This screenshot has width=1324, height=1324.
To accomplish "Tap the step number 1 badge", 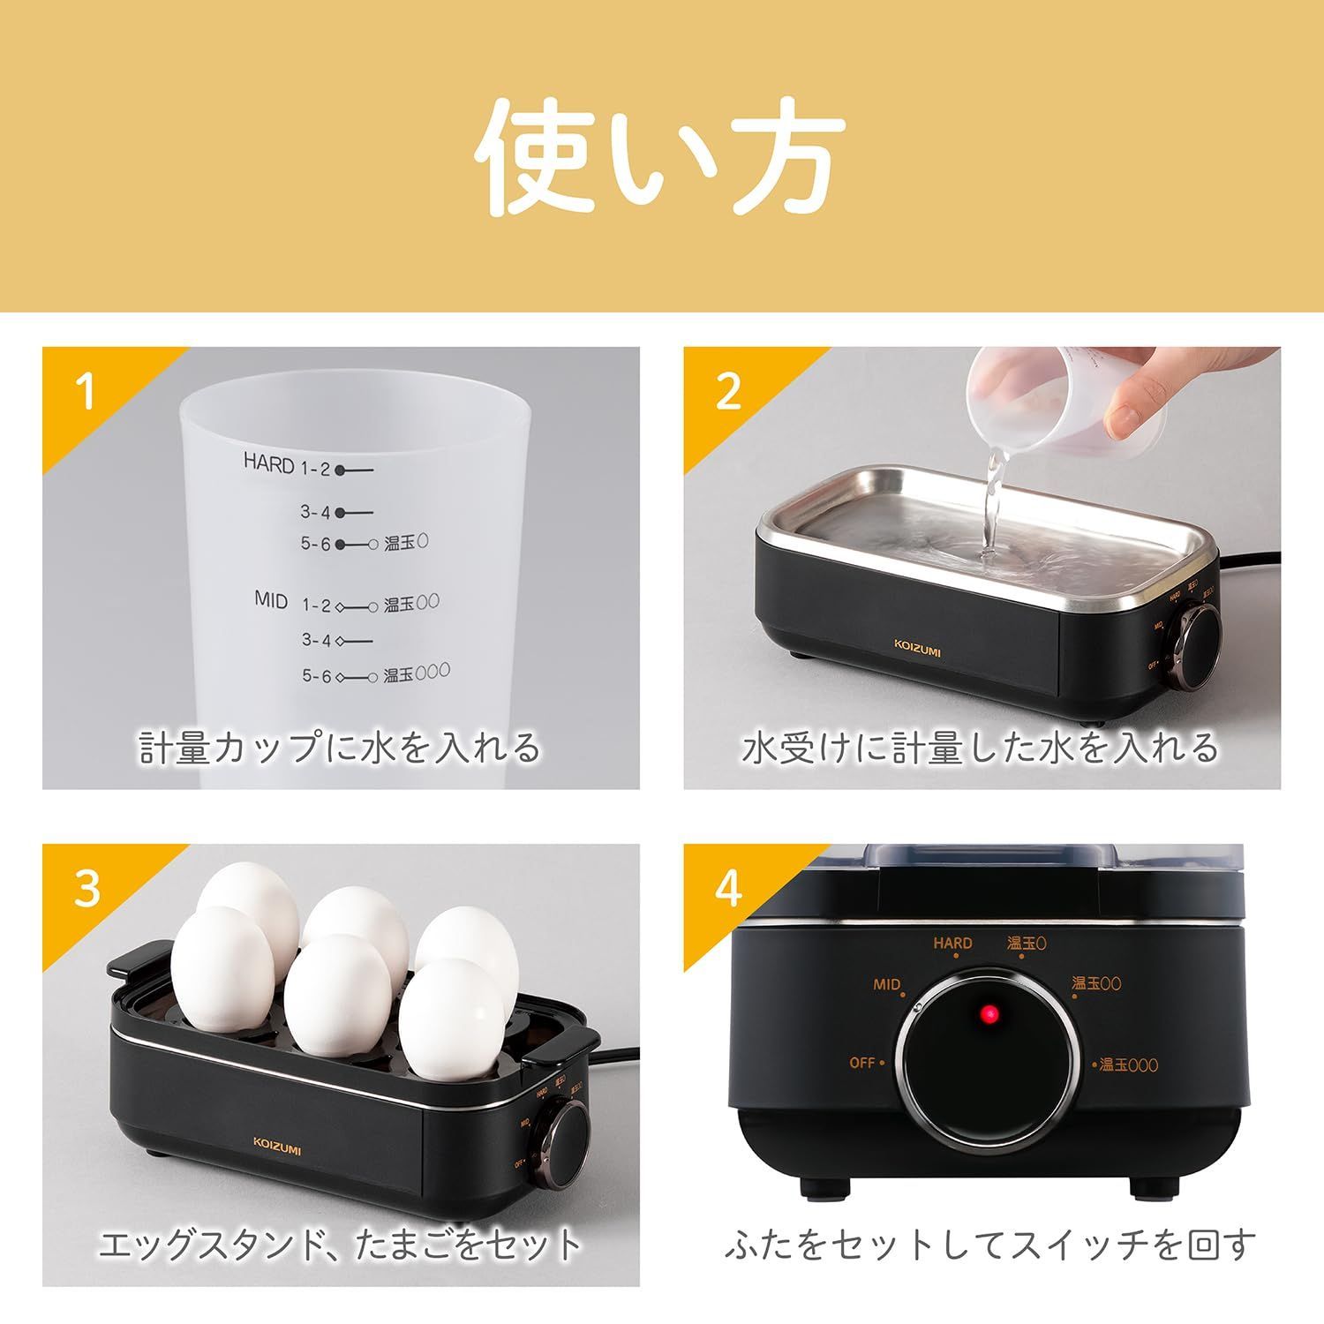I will click(x=86, y=391).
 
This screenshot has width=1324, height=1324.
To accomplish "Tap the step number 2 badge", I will click(x=727, y=391).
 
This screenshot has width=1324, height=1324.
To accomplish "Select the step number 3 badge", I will click(x=87, y=889).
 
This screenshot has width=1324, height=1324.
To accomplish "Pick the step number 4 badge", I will click(x=727, y=889).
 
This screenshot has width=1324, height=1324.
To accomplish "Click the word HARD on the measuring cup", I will click(x=268, y=463).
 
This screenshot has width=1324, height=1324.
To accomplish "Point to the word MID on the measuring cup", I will click(x=271, y=600).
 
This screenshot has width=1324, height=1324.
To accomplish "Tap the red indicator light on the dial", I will click(x=989, y=1017).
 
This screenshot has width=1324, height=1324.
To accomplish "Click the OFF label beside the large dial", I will click(x=862, y=1063).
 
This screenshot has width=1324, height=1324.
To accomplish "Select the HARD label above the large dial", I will click(x=953, y=943).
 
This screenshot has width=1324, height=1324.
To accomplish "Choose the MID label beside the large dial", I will click(x=886, y=984).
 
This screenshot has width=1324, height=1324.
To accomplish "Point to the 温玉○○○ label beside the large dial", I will click(x=1129, y=1065).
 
